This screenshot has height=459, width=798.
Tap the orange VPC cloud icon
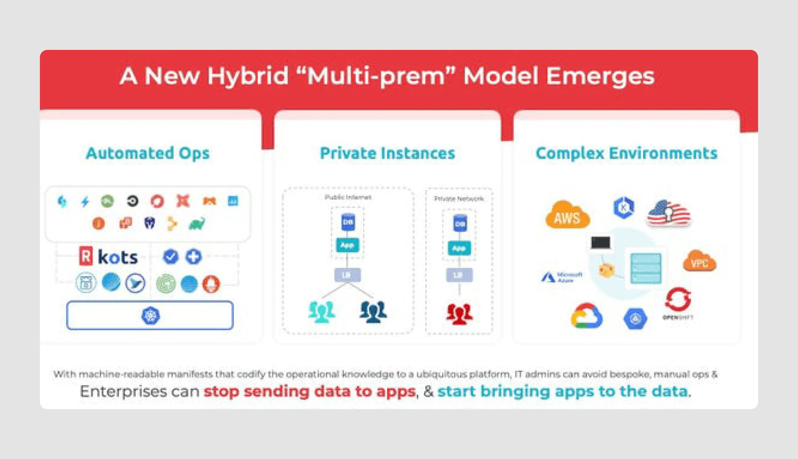699,261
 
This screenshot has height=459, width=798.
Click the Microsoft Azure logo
562,277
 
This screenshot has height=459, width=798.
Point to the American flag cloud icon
669,213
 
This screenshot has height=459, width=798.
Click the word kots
118,257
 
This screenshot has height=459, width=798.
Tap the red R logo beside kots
86,256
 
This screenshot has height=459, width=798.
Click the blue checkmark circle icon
171,256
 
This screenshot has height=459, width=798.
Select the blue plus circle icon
194,256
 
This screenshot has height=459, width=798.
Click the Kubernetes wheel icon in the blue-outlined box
151,315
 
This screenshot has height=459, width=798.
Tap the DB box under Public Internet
348,222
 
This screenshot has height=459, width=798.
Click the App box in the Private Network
459,248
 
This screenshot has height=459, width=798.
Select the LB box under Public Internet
347,275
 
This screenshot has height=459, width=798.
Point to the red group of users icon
459,314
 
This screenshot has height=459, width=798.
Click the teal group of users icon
321,312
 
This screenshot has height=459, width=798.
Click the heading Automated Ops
147,153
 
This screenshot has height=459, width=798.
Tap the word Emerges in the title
600,76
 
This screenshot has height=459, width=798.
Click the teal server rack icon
646,268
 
